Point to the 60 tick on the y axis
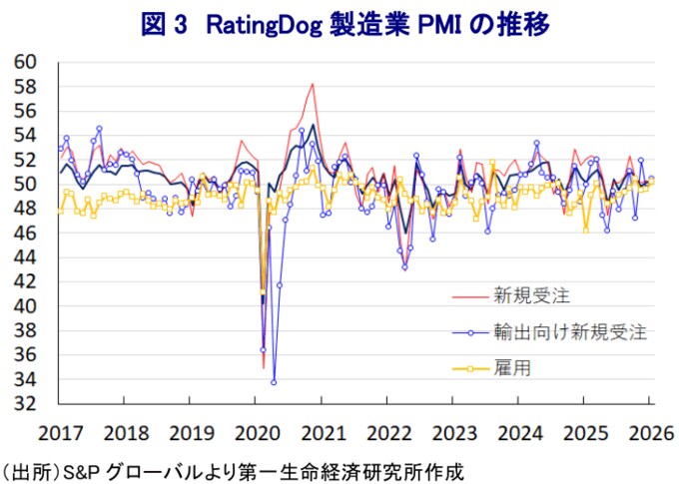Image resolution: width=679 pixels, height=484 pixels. coord(26,62)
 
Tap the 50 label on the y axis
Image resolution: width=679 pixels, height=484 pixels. coord(26,184)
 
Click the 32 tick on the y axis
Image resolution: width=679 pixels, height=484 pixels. coord(26,404)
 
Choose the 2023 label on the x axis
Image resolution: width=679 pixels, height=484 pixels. coord(453,434)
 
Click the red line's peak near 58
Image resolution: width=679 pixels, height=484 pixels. coord(313,84)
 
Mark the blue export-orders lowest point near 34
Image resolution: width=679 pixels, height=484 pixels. coord(274,382)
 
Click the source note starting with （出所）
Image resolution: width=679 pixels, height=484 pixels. coord(234,469)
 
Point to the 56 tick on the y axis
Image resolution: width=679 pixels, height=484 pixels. coord(26,111)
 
